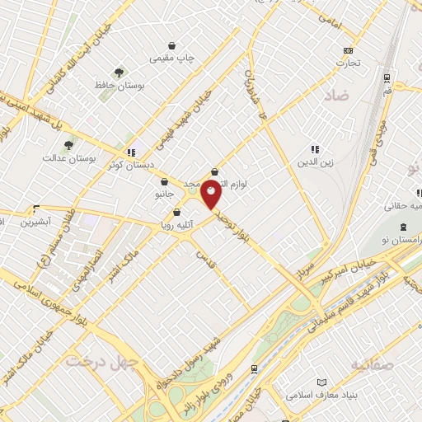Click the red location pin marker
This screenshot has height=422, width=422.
click(211, 194)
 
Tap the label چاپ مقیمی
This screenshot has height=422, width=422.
click(171, 59)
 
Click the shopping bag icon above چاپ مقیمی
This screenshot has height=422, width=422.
click(171, 45)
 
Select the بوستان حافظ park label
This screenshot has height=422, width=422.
click(120, 86)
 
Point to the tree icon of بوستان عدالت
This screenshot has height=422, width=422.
click(69, 144)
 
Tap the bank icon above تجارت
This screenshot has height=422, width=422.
click(348, 49)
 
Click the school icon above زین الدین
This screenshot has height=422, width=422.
click(315, 149)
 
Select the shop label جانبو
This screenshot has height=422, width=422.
click(165, 195)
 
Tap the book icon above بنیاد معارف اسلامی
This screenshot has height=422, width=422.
click(321, 381)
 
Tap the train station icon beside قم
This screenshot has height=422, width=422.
click(387, 78)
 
